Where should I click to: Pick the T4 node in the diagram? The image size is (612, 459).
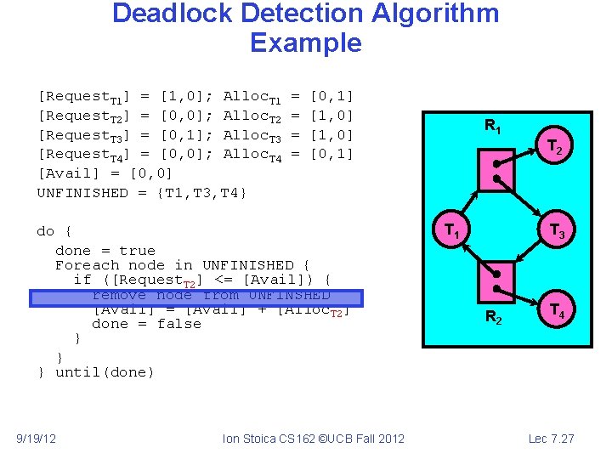click(558, 311)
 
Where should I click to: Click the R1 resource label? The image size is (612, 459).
click(493, 127)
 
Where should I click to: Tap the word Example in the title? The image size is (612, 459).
click(306, 42)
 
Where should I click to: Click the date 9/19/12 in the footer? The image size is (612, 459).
click(37, 439)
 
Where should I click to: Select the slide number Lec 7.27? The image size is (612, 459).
click(552, 439)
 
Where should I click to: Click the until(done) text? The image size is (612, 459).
click(105, 372)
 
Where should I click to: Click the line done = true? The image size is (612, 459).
click(105, 251)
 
